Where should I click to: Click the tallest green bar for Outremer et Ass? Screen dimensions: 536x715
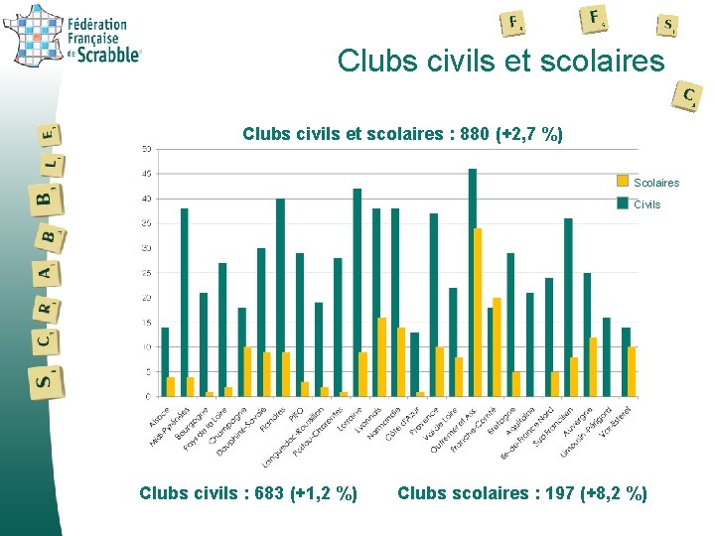click(473, 283)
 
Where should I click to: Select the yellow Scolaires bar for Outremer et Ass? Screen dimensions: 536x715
click(478, 313)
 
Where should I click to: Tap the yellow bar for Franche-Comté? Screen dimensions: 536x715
click(497, 347)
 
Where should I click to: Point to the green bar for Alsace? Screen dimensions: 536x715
click(165, 362)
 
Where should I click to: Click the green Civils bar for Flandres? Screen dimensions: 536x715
click(280, 298)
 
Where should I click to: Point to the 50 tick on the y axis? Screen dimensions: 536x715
click(146, 149)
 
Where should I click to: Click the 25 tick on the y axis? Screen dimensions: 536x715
click(146, 273)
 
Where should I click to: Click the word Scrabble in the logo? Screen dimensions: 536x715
click(105, 55)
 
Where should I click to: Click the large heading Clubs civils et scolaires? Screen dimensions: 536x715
click(500, 62)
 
